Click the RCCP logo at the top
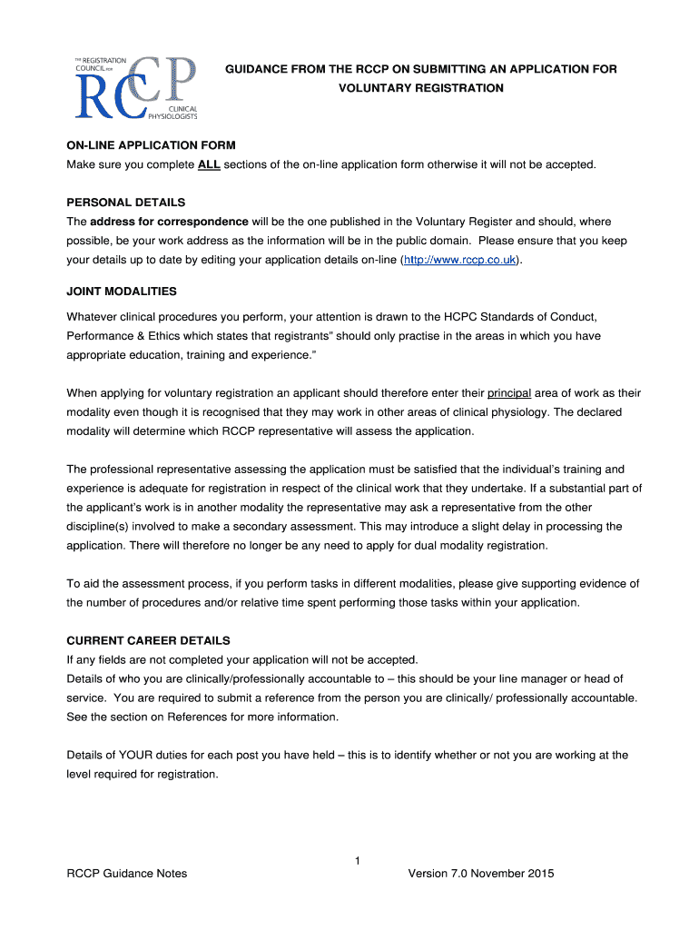(135, 86)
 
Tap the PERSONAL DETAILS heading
(126, 203)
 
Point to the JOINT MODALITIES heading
(122, 292)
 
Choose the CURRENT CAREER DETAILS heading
(149, 640)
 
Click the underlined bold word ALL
(209, 164)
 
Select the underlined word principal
(508, 393)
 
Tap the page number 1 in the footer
(359, 860)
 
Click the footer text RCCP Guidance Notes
(127, 874)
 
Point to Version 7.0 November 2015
(481, 874)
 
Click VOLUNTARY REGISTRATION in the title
(421, 88)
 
